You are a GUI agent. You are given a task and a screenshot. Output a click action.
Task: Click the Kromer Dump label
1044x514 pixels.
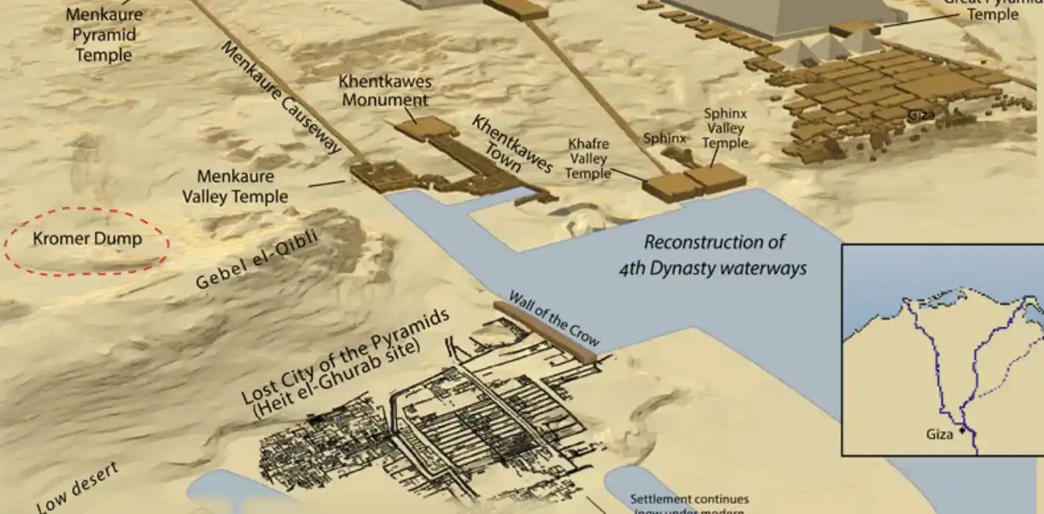point(87,239)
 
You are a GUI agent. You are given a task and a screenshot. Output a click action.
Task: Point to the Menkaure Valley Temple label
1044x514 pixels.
point(235,187)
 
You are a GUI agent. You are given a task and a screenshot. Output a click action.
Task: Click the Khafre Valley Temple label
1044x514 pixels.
point(588,158)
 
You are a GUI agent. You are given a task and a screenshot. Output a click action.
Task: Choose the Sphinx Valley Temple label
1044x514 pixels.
point(725,129)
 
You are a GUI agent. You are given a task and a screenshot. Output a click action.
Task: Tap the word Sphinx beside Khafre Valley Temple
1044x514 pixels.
point(664,138)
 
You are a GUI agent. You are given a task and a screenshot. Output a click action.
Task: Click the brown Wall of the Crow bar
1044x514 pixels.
point(545,331)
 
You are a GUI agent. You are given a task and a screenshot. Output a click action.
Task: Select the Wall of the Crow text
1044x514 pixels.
point(554,318)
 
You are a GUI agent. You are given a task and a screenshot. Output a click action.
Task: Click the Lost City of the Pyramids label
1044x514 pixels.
point(346,360)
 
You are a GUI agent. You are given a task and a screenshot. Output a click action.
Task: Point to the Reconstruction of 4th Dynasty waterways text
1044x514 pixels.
point(713,255)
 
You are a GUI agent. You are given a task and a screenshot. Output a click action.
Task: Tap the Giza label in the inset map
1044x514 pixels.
point(940,434)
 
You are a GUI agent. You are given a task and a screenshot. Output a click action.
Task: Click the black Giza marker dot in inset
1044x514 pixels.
point(963,431)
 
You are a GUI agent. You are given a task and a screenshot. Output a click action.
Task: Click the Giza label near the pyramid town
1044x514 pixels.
point(921,115)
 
